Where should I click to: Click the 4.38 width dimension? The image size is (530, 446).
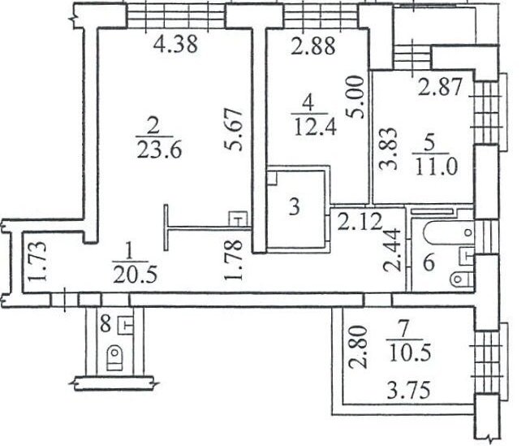tap(175, 45)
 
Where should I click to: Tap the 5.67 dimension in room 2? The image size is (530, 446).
tap(234, 129)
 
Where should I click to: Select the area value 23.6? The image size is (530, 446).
tap(160, 149)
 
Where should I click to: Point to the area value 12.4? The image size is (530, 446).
tap(315, 128)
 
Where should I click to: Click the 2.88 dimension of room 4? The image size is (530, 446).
tap(313, 45)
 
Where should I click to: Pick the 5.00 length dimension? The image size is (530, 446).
tap(356, 97)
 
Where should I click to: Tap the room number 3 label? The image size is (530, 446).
tap(295, 207)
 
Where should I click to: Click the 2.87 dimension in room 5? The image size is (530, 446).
tap(440, 87)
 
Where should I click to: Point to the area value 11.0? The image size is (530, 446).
tap(436, 167)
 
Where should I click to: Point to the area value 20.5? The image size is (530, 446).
tap(135, 275)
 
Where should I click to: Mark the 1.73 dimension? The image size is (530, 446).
tap(37, 262)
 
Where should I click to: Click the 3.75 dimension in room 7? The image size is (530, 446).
tap(408, 390)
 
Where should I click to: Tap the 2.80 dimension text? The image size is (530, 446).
tap(358, 347)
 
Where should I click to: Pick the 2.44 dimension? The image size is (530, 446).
tap(392, 251)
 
